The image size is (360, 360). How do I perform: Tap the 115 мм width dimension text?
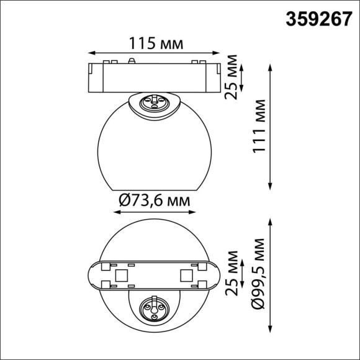156,44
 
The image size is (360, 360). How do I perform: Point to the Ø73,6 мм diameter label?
153,200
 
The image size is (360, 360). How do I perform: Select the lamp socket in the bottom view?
153,307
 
